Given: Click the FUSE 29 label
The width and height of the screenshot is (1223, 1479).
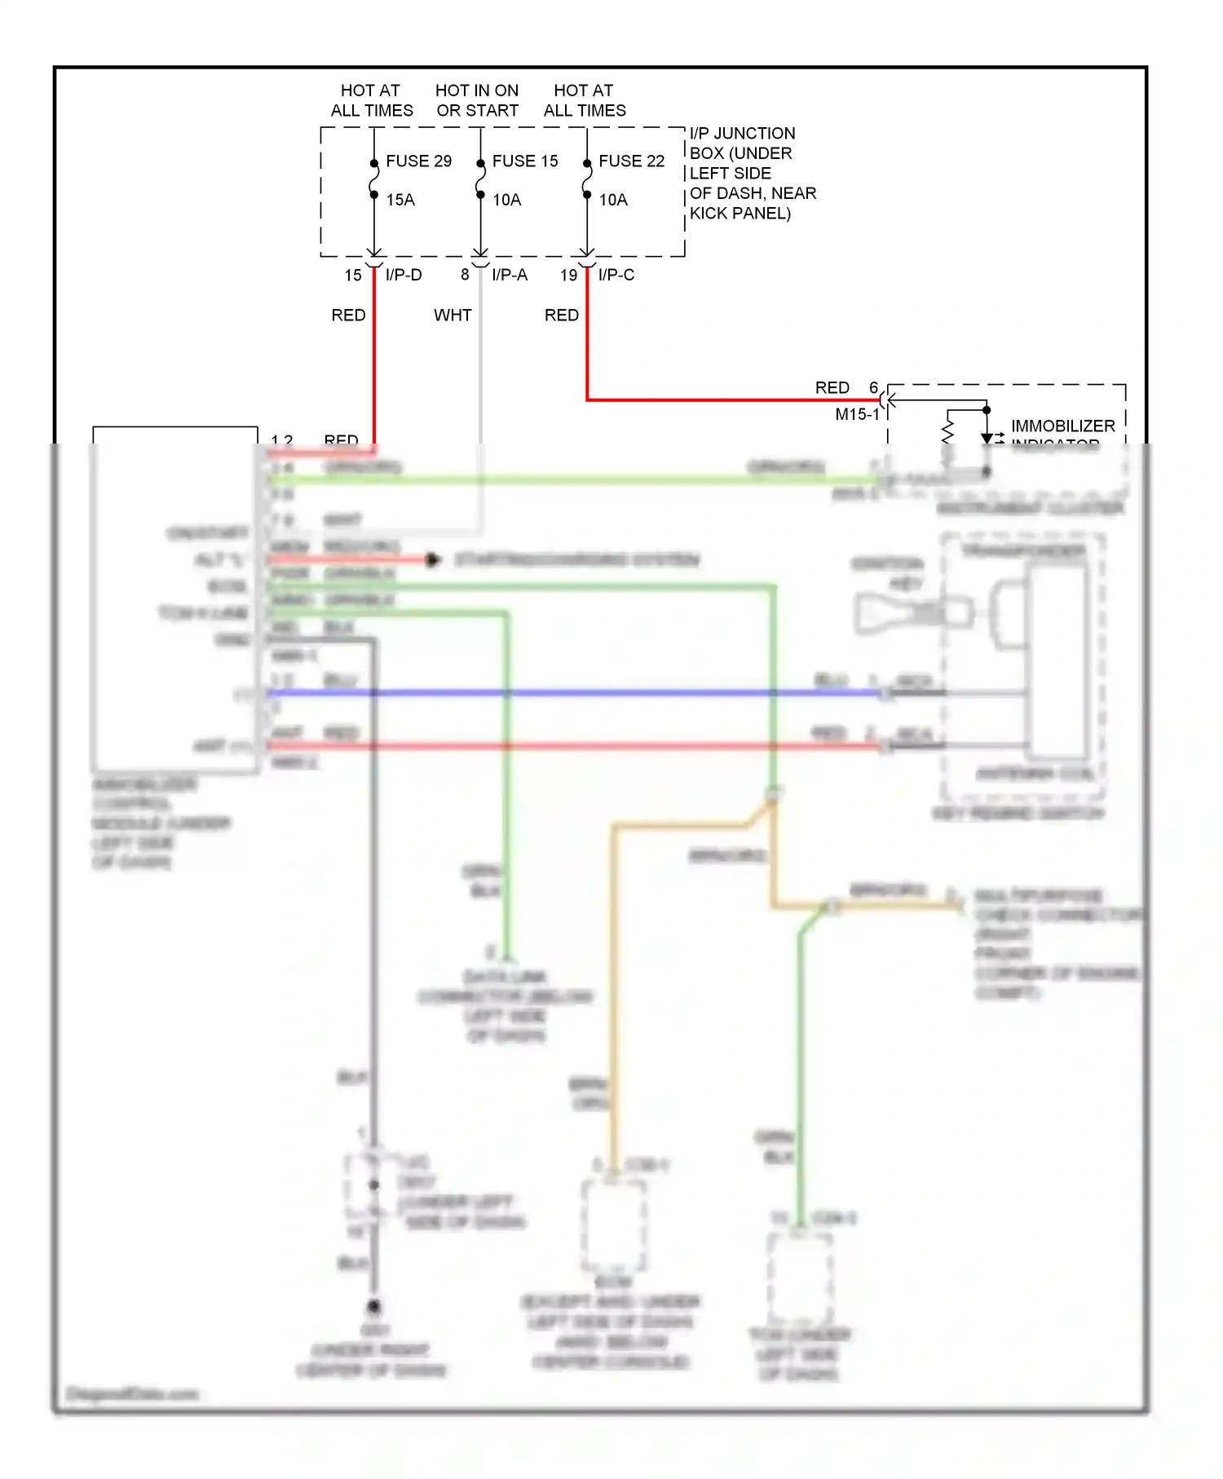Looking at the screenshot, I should (418, 161).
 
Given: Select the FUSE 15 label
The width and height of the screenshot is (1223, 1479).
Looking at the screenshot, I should (525, 161).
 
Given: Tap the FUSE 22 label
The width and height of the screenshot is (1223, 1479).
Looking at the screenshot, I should (631, 161).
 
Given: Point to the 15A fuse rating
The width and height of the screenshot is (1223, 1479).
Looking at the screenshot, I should (400, 200).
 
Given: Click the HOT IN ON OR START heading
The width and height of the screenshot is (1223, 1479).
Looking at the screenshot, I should (477, 100).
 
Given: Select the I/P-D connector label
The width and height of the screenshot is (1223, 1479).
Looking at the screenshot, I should (404, 275).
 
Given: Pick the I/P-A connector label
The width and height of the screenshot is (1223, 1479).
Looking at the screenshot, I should (510, 275).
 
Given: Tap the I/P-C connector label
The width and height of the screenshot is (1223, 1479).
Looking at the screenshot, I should (616, 275).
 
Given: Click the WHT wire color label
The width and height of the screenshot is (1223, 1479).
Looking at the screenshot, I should (453, 316).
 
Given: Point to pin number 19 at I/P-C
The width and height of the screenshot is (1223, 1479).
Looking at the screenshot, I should (568, 276).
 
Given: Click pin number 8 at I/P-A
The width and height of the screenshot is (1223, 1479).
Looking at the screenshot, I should (465, 275).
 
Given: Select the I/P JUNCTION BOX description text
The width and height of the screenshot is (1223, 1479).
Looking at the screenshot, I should (752, 173).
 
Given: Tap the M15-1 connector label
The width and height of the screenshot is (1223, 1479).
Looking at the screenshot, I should (857, 414).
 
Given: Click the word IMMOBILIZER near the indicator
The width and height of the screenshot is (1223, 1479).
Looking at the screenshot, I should (1062, 426).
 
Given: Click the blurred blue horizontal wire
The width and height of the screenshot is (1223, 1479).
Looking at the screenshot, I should (571, 693).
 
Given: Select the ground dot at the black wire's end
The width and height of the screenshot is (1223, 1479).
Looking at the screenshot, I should (374, 1306).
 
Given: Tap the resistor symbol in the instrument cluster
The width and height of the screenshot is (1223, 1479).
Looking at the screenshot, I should (947, 432).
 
